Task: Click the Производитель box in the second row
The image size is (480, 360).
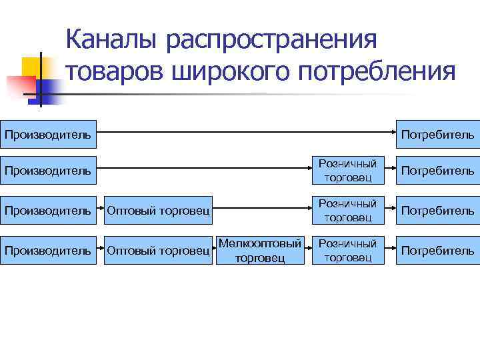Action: tap(49, 170)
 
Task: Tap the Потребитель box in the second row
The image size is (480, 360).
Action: tap(437, 170)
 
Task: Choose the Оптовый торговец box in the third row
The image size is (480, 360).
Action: tap(159, 211)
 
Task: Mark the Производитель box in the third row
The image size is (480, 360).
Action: tap(49, 211)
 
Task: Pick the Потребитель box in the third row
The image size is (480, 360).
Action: tap(437, 211)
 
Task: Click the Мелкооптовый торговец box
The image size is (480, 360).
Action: tap(260, 250)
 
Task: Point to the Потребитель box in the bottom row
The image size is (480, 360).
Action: tap(437, 250)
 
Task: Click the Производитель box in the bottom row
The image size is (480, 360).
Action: tap(49, 250)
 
